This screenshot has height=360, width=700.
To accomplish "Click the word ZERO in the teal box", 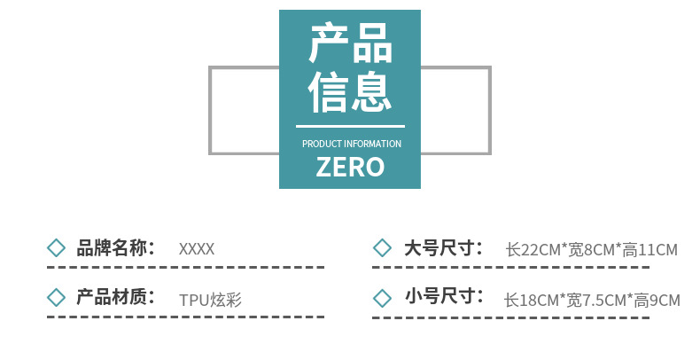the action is pyautogui.click(x=350, y=167).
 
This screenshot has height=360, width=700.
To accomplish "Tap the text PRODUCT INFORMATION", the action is pyautogui.click(x=352, y=144).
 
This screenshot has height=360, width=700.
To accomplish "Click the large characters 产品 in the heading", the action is pyautogui.click(x=351, y=43).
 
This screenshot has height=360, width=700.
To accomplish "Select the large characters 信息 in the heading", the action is pyautogui.click(x=350, y=91).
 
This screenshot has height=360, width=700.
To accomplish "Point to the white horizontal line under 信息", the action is pyautogui.click(x=350, y=127).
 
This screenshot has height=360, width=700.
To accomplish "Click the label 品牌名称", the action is pyautogui.click(x=112, y=248).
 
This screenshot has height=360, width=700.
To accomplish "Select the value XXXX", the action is pyautogui.click(x=197, y=249).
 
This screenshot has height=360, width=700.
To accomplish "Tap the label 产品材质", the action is pyautogui.click(x=112, y=297).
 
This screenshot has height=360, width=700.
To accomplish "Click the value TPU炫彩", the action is pyautogui.click(x=210, y=300).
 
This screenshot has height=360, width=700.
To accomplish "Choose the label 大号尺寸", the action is pyautogui.click(x=439, y=248).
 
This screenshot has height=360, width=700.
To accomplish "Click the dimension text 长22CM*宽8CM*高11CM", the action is pyautogui.click(x=592, y=250).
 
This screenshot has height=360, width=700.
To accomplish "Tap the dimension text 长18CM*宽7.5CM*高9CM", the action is pyautogui.click(x=592, y=301).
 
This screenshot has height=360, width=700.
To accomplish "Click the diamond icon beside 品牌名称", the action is pyautogui.click(x=56, y=248).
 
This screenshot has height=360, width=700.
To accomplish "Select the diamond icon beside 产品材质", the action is pyautogui.click(x=56, y=297).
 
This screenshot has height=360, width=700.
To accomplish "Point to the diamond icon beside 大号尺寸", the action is pyautogui.click(x=382, y=248).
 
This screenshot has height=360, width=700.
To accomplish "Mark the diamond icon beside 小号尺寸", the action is pyautogui.click(x=382, y=298).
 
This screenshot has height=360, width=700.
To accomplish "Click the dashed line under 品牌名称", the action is pyautogui.click(x=186, y=268).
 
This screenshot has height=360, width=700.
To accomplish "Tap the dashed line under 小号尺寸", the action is pyautogui.click(x=510, y=318).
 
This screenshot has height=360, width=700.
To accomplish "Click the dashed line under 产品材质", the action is pyautogui.click(x=186, y=317).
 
